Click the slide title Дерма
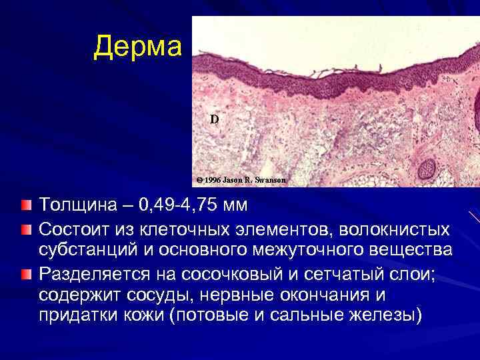click(x=137, y=47)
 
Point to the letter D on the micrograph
click(x=213, y=119)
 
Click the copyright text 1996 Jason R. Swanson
click(x=241, y=180)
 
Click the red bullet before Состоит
click(x=25, y=229)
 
